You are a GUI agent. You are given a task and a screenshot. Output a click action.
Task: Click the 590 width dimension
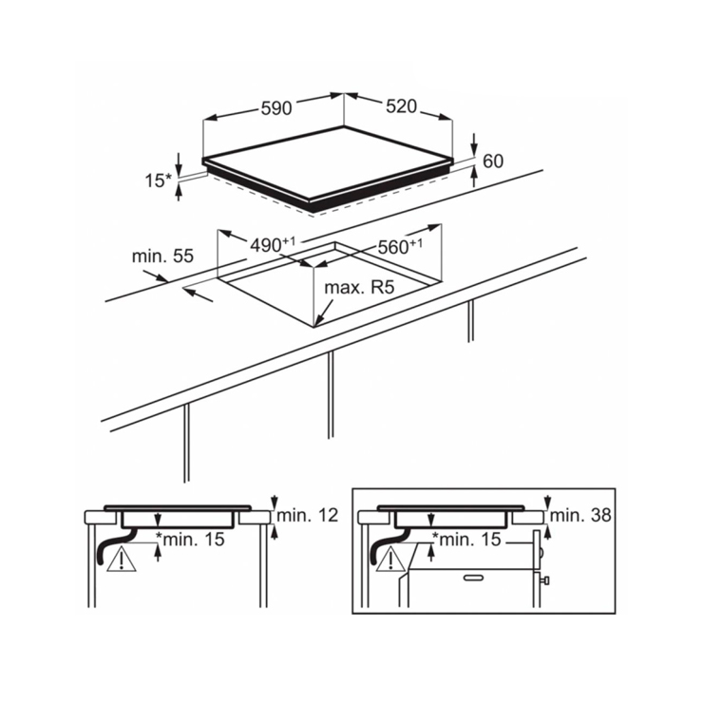pyautogui.click(x=276, y=108)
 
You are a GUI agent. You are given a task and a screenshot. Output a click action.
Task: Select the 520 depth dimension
pyautogui.click(x=401, y=106)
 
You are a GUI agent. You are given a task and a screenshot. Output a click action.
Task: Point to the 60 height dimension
pyautogui.click(x=493, y=161)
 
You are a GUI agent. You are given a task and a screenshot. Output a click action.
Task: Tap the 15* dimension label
pyautogui.click(x=159, y=180)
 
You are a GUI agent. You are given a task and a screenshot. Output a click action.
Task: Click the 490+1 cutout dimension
pyautogui.click(x=273, y=244)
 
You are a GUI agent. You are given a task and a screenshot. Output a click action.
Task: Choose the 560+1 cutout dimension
pyautogui.click(x=400, y=246)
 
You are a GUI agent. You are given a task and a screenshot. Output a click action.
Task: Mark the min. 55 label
pyautogui.click(x=162, y=256)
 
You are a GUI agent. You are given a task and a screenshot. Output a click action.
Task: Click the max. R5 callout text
pyautogui.click(x=359, y=288)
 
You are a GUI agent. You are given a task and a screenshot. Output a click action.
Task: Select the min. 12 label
pyautogui.click(x=308, y=515)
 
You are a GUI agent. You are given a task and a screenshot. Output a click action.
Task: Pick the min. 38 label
pyautogui.click(x=580, y=515)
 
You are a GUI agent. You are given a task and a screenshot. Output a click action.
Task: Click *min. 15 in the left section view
pyautogui.click(x=190, y=539)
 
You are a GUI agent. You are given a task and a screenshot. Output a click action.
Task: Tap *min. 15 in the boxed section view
pyautogui.click(x=466, y=539)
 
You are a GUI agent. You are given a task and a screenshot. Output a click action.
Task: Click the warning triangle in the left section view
pyautogui.click(x=122, y=560)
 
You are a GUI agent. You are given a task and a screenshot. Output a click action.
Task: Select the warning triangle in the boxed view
pyautogui.click(x=391, y=560)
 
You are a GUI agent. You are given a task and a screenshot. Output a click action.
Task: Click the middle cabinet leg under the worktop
pyautogui.click(x=331, y=394)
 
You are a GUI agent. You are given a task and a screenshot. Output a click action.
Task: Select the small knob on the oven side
pyautogui.click(x=545, y=580)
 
